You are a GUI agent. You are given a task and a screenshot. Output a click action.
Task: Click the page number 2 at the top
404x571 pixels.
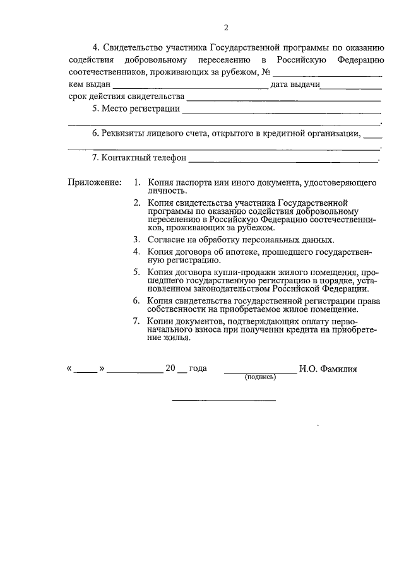(x=225, y=27)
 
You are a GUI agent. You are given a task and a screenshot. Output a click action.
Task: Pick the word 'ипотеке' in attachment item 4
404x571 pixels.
(x=244, y=252)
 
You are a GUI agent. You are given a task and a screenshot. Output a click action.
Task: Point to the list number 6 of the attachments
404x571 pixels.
(x=136, y=300)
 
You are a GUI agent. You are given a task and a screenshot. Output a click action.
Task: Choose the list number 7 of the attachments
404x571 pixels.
(x=136, y=322)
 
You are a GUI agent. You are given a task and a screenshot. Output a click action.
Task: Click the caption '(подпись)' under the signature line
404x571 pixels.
(x=260, y=377)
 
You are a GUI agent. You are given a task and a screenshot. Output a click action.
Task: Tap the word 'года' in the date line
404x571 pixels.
(x=198, y=368)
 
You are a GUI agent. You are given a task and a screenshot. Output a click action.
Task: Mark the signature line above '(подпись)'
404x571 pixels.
(x=260, y=372)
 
